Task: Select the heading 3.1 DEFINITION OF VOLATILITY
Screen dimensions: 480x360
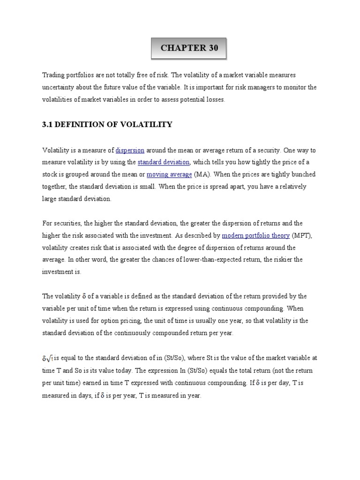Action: tap(107, 124)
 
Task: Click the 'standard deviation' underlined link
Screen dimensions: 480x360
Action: tap(164, 162)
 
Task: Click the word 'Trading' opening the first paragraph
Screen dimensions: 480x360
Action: tap(53, 75)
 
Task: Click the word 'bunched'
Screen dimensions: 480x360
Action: tap(303, 174)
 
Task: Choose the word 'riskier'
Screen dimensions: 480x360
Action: tap(292, 260)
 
